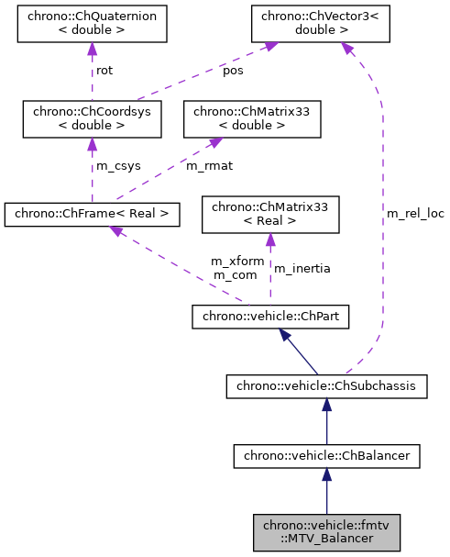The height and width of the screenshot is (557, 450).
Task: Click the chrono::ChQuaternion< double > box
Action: pos(92,24)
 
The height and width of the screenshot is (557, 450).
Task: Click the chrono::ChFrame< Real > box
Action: pos(92,215)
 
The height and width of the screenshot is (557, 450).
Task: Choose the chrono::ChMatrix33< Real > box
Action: pos(269,215)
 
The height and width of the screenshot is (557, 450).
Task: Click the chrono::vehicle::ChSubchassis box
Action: pos(326,386)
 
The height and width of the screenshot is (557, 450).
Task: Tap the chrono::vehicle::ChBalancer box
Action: pos(326,454)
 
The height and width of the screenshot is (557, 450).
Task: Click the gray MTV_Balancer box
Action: pos(326,532)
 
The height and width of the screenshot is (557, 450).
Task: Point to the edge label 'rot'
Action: pos(104,71)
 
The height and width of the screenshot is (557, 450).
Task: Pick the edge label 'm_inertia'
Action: pos(302,268)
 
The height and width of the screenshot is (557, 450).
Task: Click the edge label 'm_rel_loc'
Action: pos(415,214)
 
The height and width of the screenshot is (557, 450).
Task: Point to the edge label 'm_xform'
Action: pos(237,262)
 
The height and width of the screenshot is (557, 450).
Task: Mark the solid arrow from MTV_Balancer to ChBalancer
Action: pos(326,491)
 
